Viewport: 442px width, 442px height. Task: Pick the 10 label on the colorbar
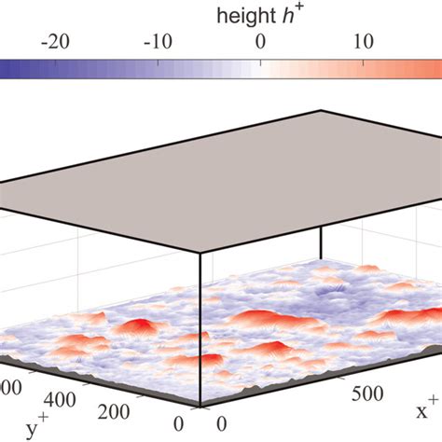click(364, 42)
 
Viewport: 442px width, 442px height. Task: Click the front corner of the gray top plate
click(199, 252)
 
